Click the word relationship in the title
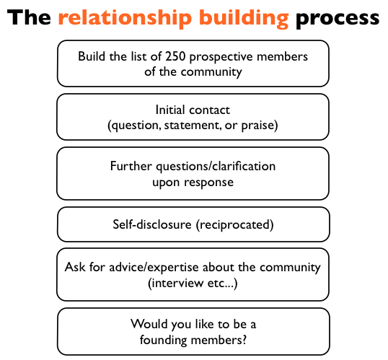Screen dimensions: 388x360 [125, 19]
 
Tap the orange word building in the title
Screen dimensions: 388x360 [244, 19]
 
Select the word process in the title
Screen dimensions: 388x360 [338, 19]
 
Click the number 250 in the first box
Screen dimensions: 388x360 [175, 56]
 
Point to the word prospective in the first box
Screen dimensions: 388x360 [221, 57]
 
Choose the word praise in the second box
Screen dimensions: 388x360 [257, 126]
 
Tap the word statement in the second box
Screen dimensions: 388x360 [193, 126]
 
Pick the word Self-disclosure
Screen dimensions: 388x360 [152, 224]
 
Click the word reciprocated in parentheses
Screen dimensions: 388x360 [235, 225]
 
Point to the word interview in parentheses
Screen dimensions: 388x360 [177, 283]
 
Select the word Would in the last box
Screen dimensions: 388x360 [149, 324]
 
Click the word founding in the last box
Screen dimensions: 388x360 [163, 341]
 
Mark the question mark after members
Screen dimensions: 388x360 [244, 340]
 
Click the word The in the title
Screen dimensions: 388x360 [29, 17]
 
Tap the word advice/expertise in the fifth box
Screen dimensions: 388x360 [154, 268]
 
